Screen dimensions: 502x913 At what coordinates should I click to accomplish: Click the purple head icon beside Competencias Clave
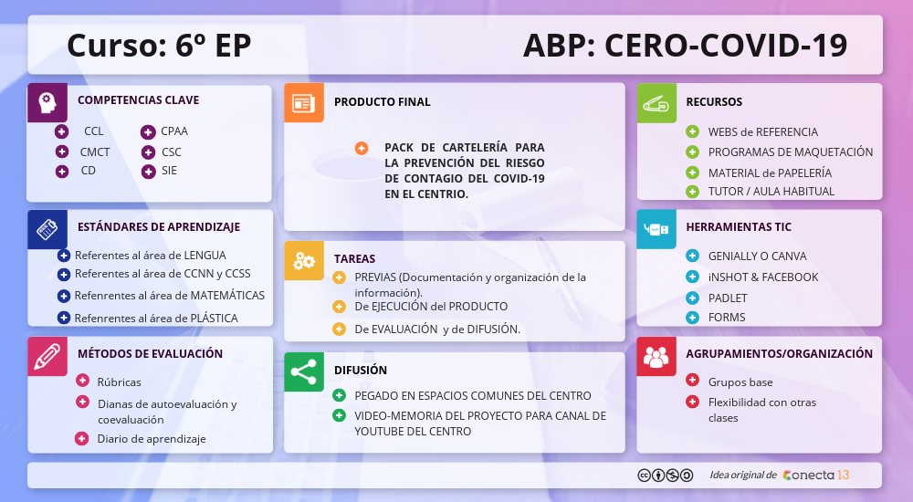coord(47,102)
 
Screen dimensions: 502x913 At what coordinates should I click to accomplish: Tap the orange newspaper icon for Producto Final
coord(303,103)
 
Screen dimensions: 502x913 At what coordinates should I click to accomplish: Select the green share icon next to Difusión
coord(303,371)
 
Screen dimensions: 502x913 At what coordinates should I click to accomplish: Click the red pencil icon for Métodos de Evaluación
coord(47,356)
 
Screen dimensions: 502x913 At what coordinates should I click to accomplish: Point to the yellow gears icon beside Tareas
coord(303,260)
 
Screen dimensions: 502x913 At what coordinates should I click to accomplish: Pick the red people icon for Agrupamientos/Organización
coord(656,356)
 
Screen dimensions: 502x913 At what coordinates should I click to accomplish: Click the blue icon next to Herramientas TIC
coord(656,229)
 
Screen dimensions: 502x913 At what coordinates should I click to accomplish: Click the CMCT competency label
coord(95,152)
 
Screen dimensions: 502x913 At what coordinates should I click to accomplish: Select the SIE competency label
coord(169,171)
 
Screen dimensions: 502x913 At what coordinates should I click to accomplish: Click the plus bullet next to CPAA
coord(147,132)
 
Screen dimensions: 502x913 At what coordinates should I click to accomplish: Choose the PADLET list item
coord(728,298)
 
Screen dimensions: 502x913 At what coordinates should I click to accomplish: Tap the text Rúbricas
coord(119,382)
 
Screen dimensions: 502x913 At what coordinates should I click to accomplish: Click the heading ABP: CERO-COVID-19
coord(685,45)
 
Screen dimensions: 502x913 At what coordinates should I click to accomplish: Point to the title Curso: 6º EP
coord(159,45)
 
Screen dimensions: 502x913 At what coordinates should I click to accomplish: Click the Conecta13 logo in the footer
coord(815,475)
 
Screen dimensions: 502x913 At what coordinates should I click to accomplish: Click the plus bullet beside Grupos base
coord(692,381)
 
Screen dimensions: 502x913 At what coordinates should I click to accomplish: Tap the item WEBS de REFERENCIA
coord(762,132)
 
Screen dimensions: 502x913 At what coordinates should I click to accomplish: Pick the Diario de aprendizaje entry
coord(152,439)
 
